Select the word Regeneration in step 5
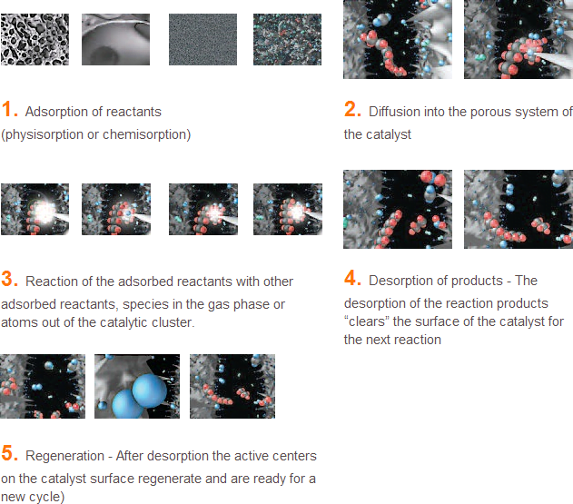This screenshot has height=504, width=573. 64,456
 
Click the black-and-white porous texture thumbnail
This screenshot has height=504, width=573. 35,39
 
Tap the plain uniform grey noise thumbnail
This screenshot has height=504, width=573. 203,39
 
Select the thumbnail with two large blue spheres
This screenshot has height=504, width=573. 137,386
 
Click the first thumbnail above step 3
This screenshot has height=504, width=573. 35,210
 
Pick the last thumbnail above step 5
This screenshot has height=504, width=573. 232,386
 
